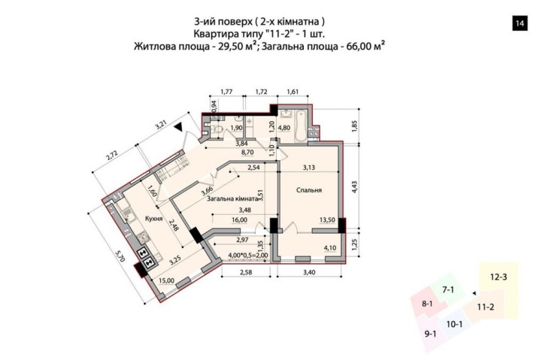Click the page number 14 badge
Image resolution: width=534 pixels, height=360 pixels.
pyautogui.click(x=519, y=23)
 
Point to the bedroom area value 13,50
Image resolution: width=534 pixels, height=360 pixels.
pyautogui.click(x=326, y=221)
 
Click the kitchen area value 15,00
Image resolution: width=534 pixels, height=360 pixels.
pyautogui.click(x=166, y=281)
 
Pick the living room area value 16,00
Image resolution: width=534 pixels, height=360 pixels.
pyautogui.click(x=240, y=221)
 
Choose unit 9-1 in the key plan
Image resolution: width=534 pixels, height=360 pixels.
pyautogui.click(x=431, y=333)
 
